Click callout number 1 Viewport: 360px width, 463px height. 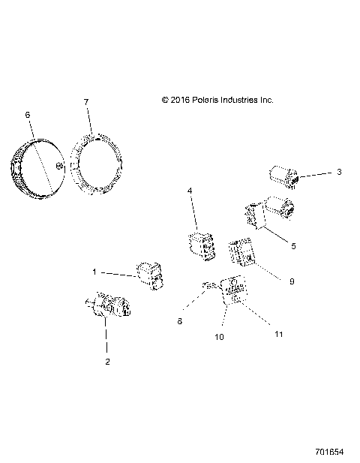click(94, 272)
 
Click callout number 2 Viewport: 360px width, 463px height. click(107, 362)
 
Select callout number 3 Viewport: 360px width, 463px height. click(339, 172)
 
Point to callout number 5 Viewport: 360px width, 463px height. click(293, 245)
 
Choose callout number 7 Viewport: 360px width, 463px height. click(86, 101)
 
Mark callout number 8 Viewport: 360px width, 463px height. click(179, 321)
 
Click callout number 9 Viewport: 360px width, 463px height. click(292, 281)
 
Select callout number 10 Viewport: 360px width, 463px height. click(219, 338)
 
